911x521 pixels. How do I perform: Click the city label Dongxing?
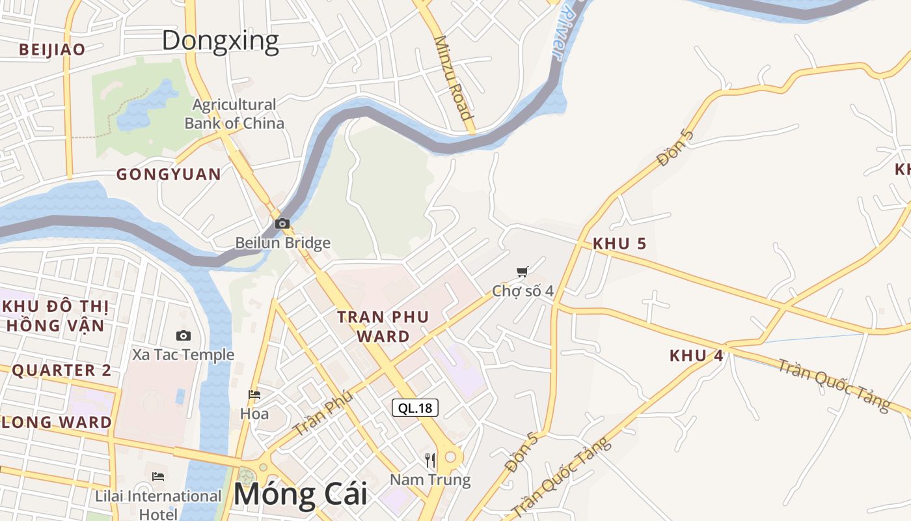point(220,40)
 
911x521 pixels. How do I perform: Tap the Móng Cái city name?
point(300,494)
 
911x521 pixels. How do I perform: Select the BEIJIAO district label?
point(52,49)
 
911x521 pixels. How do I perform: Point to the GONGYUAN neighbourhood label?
point(169,174)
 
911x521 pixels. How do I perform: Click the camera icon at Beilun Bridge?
point(282,223)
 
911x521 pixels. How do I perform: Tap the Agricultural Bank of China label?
point(234,114)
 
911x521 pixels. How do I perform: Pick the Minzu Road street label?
point(454,77)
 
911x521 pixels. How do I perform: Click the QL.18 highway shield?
point(415,408)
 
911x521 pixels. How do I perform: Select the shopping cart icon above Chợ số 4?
point(522,272)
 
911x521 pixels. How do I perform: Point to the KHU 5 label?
point(619,244)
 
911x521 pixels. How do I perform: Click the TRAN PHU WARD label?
point(383,326)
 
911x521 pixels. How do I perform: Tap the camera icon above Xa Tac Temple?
point(184,335)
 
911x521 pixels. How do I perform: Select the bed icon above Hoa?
point(254,395)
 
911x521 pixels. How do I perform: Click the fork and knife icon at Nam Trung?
point(430,460)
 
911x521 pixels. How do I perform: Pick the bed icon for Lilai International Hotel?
point(158,477)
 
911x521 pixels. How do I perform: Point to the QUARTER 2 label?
point(62,371)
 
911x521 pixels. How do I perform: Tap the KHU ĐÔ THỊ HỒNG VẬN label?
point(55,316)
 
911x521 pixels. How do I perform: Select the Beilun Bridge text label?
point(282,243)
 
